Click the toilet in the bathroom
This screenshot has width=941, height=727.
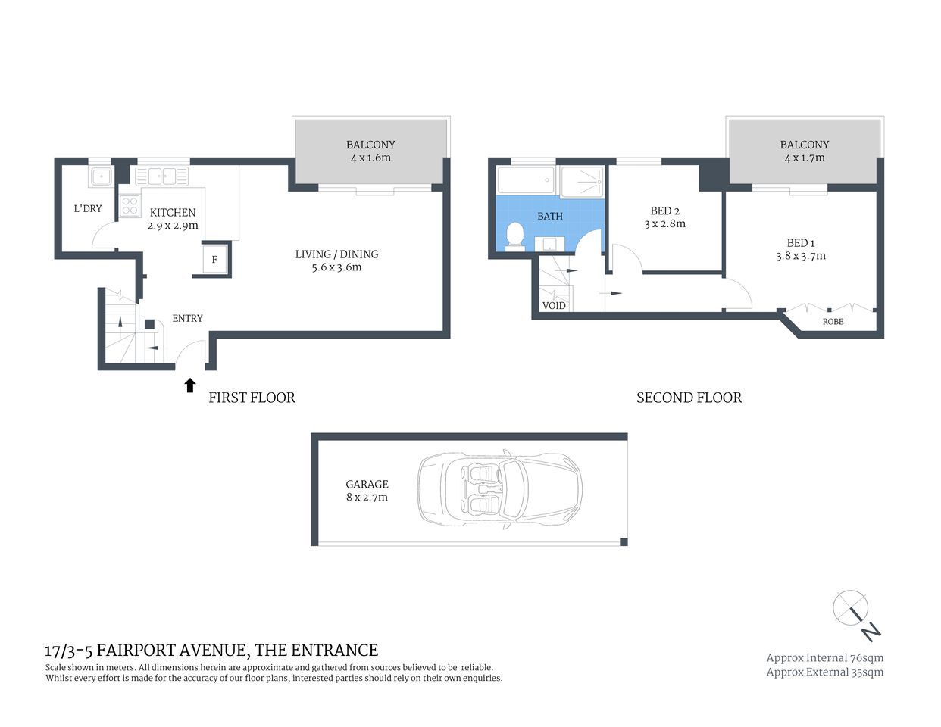[515, 236]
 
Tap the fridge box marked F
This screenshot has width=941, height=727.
[214, 260]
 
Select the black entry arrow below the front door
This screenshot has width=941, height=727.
[190, 385]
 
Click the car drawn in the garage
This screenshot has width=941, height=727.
[500, 489]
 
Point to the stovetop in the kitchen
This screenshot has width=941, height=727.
[130, 205]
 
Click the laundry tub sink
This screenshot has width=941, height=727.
[100, 177]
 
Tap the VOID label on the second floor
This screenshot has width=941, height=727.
[554, 306]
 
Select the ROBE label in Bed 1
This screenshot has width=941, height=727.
[833, 322]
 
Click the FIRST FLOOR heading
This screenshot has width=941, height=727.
[252, 398]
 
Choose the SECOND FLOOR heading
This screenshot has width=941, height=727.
[689, 398]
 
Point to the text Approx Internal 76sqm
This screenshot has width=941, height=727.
[824, 658]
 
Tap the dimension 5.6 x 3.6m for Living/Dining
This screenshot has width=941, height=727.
[336, 267]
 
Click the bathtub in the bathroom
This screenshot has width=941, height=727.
[526, 181]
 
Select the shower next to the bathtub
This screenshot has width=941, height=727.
[581, 181]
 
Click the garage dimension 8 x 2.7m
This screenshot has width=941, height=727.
[367, 498]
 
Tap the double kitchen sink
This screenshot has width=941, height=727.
[161, 176]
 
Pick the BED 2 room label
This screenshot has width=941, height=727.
[664, 211]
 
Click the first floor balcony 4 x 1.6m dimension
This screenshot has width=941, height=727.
[370, 158]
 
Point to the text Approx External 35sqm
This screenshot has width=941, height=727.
[824, 672]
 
